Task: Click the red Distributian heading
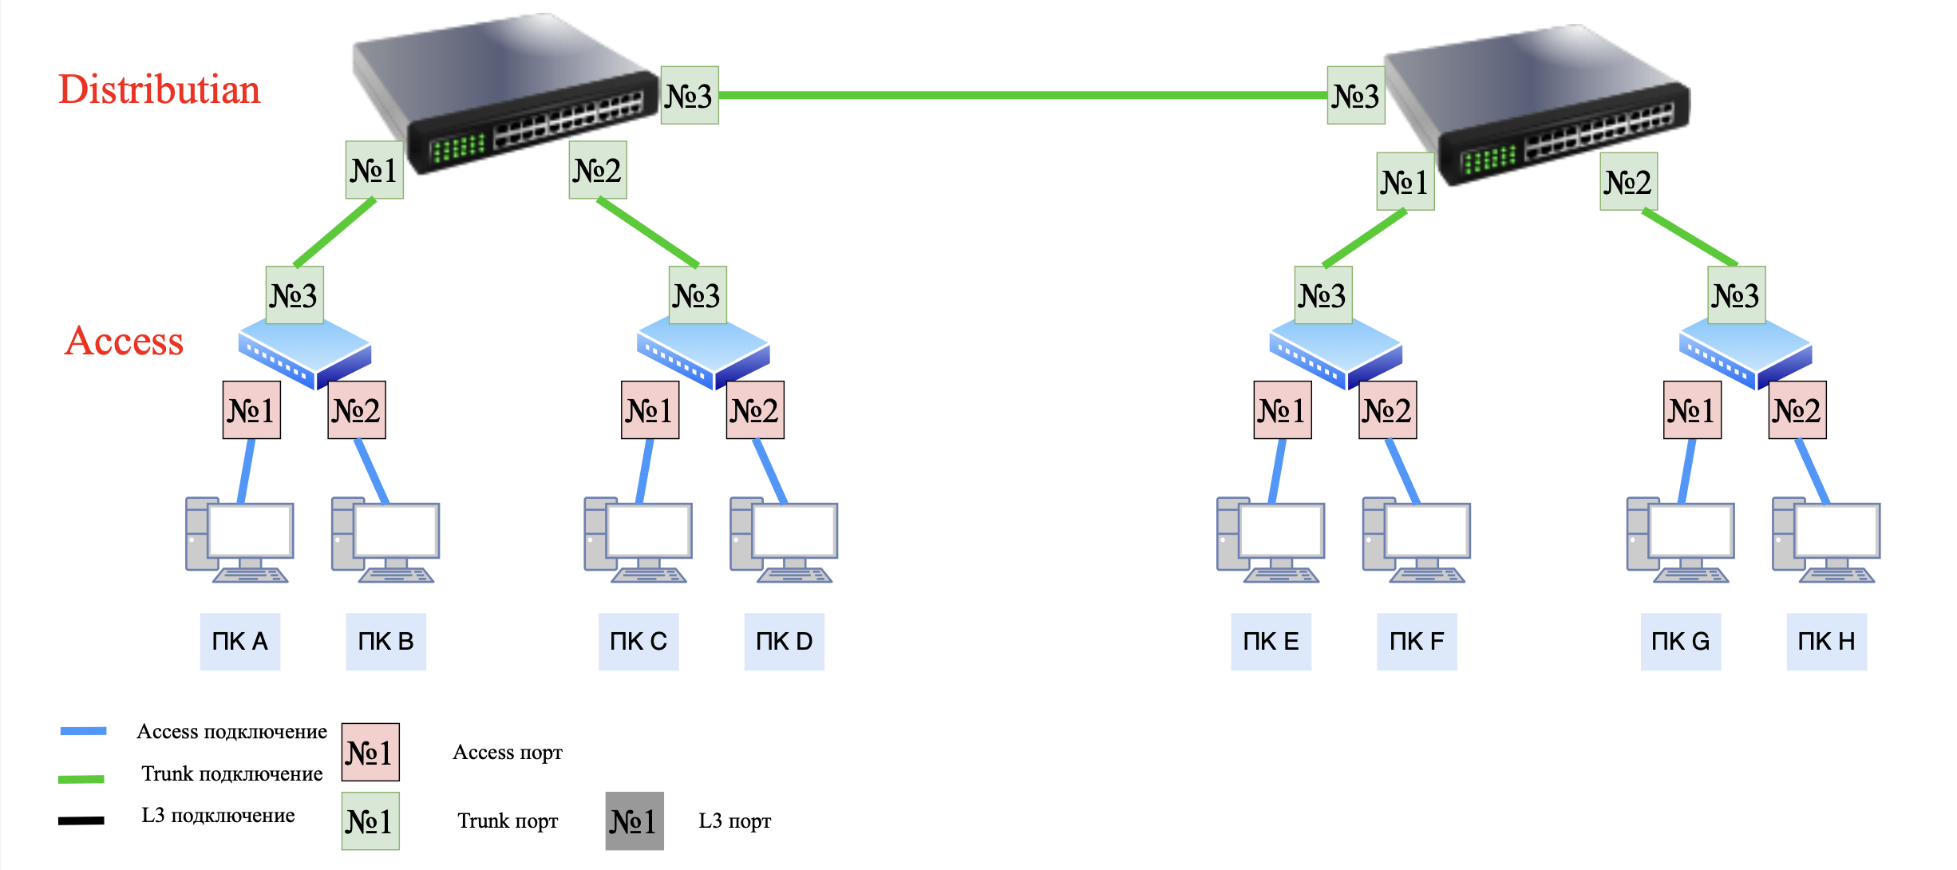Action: pyautogui.click(x=160, y=89)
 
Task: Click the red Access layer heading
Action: pyautogui.click(x=124, y=341)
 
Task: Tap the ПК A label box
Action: pyautogui.click(x=239, y=642)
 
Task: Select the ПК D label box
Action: pyautogui.click(x=784, y=642)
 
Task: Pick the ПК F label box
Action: pyautogui.click(x=1417, y=642)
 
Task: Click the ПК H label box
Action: pyautogui.click(x=1826, y=642)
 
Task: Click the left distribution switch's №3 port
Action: pyautogui.click(x=690, y=95)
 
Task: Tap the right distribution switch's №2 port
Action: pyautogui.click(x=1628, y=182)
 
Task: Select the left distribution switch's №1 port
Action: pyautogui.click(x=374, y=170)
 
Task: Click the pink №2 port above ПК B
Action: pyautogui.click(x=357, y=410)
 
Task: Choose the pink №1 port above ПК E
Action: pyautogui.click(x=1282, y=410)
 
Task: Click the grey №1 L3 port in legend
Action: pyautogui.click(x=634, y=821)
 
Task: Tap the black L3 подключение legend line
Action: pyautogui.click(x=81, y=821)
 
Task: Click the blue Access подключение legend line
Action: pyautogui.click(x=83, y=730)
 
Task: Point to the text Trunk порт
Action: pyautogui.click(x=508, y=821)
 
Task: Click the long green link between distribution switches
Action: pyautogui.click(x=1022, y=95)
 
